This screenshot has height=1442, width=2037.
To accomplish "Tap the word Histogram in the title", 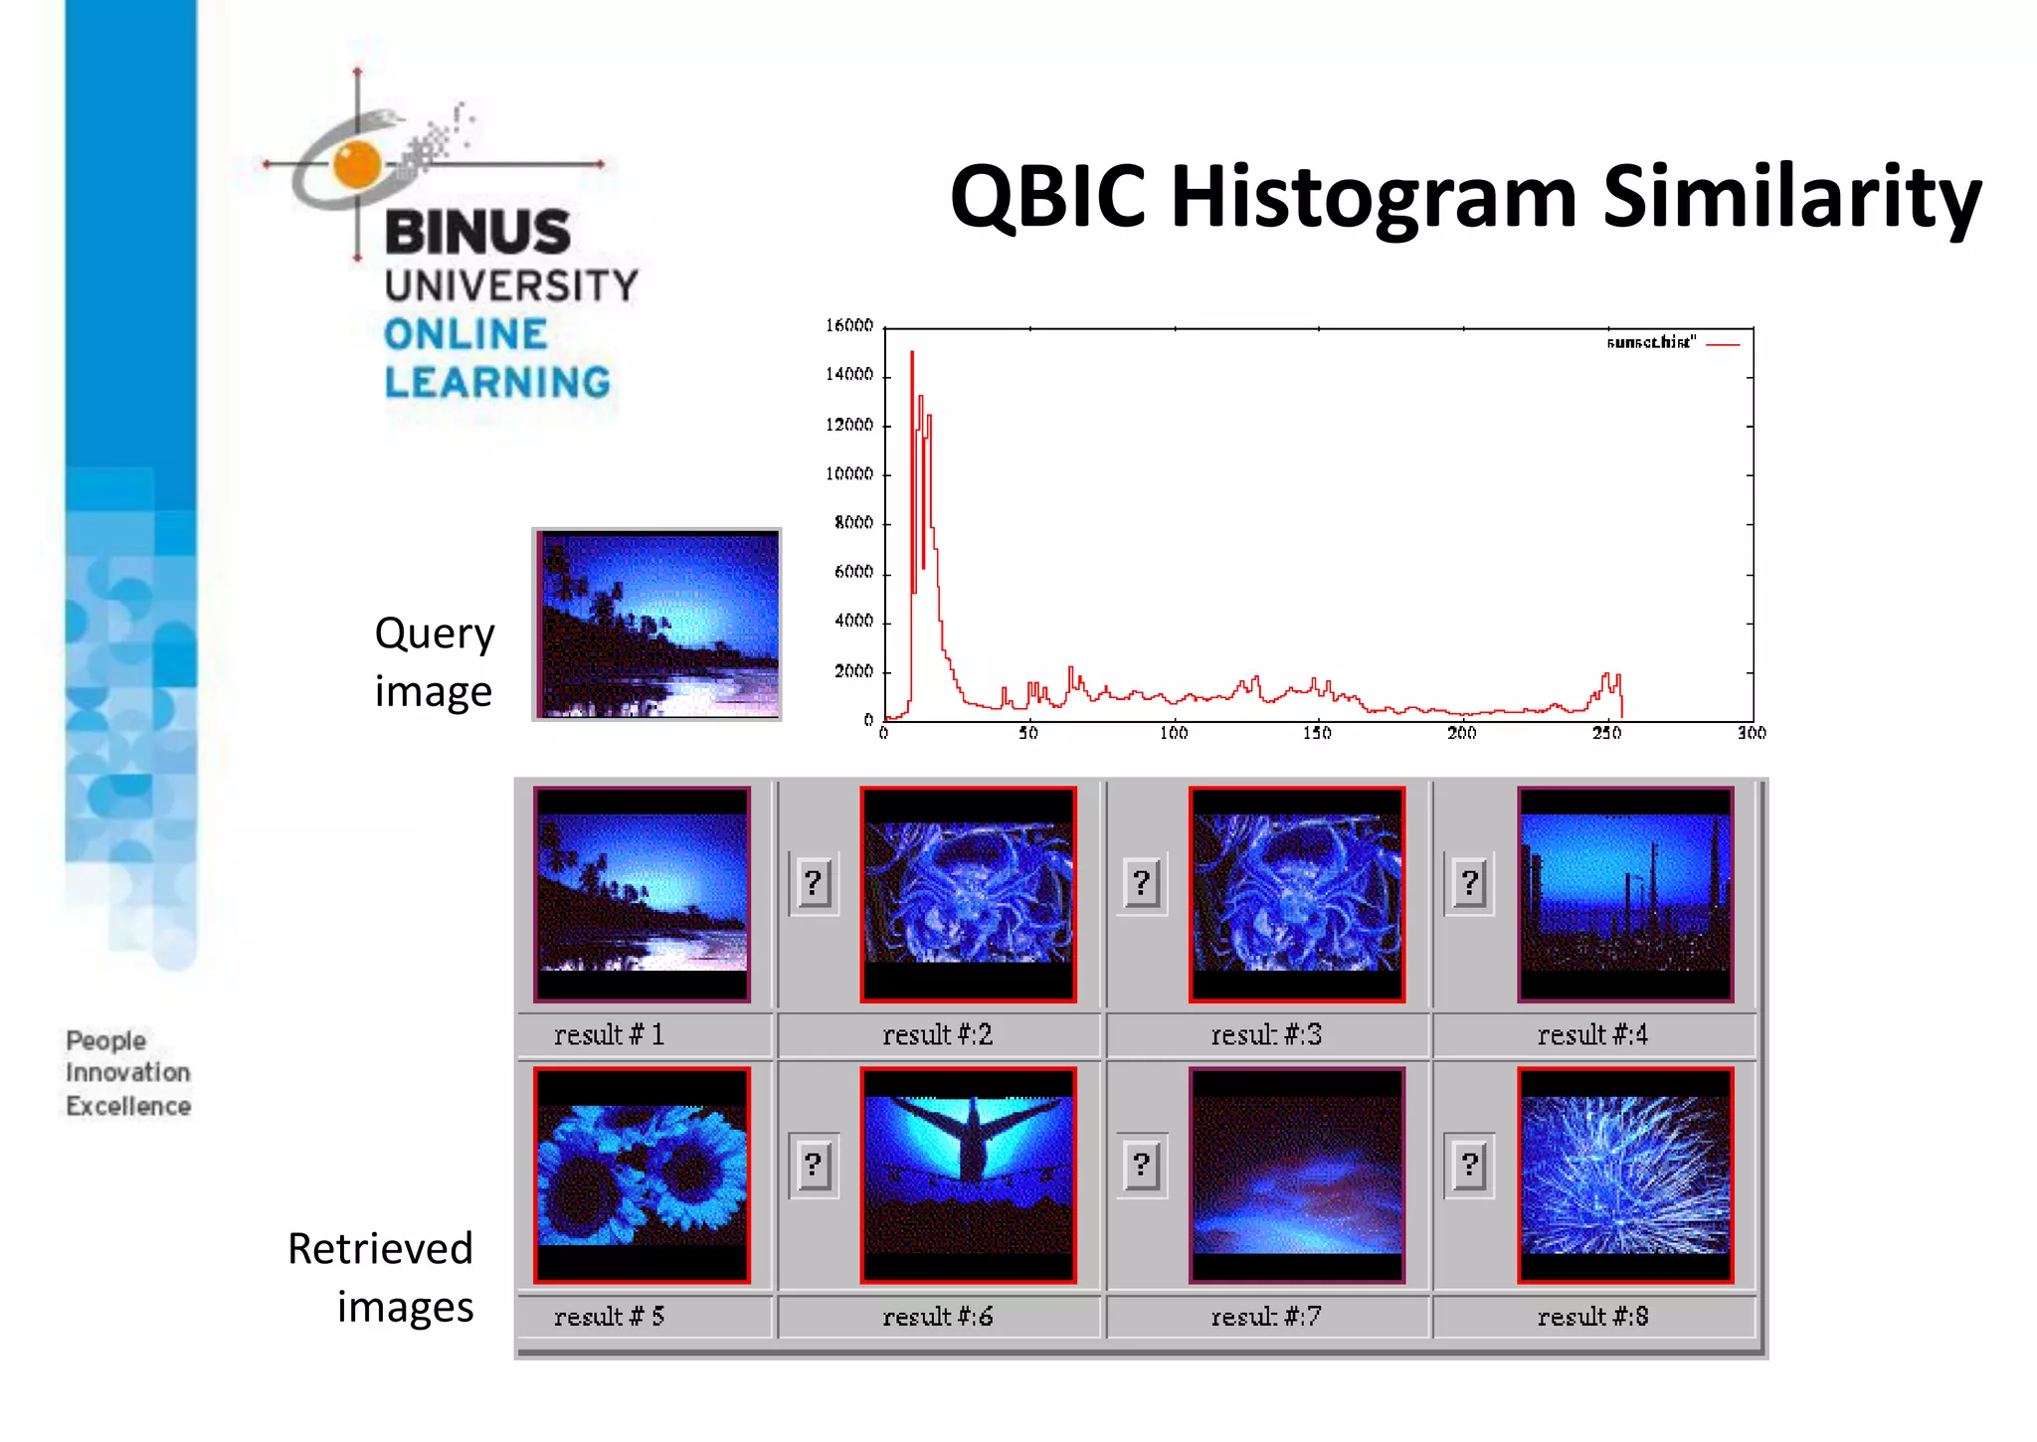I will point(1374,198).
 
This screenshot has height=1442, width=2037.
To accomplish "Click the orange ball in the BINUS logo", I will point(357,164).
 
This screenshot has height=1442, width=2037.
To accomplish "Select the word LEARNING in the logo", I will point(497,383).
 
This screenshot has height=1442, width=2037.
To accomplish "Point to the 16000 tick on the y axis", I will point(848,326).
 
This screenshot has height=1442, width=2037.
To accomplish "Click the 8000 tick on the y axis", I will point(853,523).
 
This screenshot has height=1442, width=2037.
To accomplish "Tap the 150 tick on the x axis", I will point(1317,733).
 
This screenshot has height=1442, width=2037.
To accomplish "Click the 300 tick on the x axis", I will point(1751,733).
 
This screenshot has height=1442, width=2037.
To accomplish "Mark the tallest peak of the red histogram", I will point(912,354).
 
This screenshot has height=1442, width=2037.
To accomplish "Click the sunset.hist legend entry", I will point(1671,343).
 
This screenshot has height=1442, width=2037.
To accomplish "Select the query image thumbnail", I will point(656,624).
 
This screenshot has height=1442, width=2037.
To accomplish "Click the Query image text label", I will point(434,661).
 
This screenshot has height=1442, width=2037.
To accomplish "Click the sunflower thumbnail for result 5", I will point(642,1174).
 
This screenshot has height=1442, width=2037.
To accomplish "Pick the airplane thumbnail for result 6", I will point(968,1174).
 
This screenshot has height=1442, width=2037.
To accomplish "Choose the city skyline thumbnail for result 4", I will point(1624,893).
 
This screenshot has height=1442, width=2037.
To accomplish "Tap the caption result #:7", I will point(1265,1317).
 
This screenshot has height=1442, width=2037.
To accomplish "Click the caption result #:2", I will point(937,1035).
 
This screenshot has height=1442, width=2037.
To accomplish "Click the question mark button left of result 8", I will point(1469,1165).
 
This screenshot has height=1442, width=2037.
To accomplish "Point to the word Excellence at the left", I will point(128,1106).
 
